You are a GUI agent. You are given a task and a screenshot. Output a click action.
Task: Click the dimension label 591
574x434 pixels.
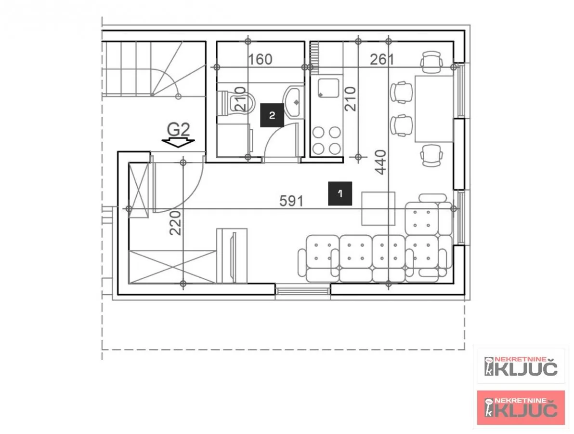pos(291,201)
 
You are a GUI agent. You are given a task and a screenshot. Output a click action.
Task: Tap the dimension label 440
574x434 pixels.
pos(381,162)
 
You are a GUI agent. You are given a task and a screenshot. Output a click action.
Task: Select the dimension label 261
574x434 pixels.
pos(382,59)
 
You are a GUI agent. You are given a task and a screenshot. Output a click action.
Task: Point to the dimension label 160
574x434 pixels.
pos(260,59)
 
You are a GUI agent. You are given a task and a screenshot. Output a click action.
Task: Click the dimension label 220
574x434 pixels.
pos(175,223)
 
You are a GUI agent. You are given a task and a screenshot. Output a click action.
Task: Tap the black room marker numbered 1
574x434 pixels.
pos(340,193)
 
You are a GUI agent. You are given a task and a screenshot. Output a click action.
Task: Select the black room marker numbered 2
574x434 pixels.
pos(272,115)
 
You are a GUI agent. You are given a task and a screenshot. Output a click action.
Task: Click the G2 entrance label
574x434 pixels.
pos(178,130)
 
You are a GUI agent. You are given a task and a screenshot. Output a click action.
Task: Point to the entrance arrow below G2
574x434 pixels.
pos(178,143)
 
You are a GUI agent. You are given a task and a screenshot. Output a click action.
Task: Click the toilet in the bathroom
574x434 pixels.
pos(236,103)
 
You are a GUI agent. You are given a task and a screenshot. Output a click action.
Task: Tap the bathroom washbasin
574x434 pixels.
pos(293,102)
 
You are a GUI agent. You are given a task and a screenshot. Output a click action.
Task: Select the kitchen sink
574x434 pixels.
pos(328,88)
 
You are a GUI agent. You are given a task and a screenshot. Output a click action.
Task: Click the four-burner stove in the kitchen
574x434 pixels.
pos(326,140)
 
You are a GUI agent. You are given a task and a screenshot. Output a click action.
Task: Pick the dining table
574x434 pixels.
pos(434,109)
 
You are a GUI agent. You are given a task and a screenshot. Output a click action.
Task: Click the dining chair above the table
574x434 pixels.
pos(431,62)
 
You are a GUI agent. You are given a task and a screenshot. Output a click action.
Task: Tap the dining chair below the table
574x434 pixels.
pos(431,155)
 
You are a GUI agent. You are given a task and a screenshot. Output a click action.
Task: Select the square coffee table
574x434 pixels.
pos(378,209)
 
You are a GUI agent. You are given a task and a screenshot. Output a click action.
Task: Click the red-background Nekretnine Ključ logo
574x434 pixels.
pos(521,407)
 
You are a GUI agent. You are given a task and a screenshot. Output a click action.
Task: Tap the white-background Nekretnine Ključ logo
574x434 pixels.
pos(521,366)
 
